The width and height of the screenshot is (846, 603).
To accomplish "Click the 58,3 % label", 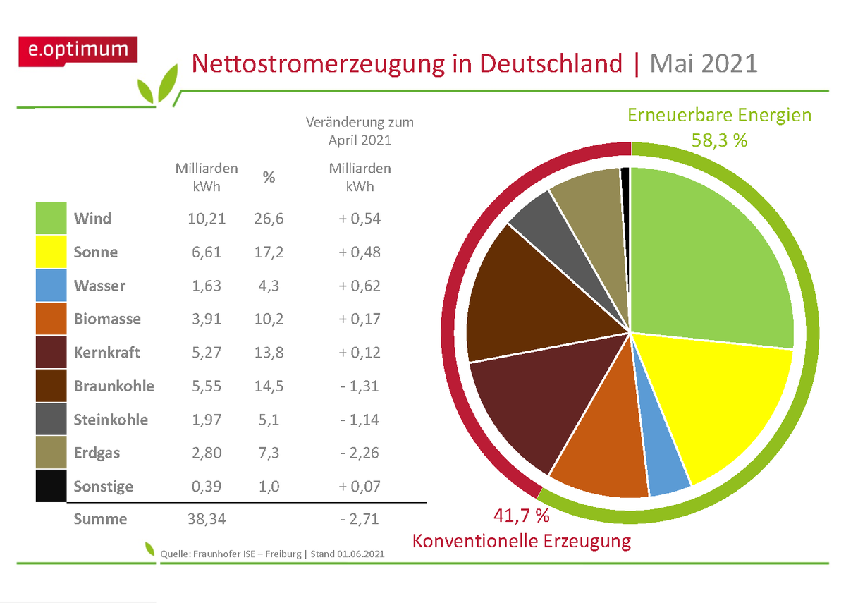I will point(719,140).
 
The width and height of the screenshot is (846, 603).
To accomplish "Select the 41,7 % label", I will point(521,516).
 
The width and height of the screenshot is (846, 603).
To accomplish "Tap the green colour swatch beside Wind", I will point(51,219).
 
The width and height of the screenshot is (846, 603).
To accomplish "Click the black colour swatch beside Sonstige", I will point(51,486).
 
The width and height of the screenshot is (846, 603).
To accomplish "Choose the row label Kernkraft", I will point(107,353).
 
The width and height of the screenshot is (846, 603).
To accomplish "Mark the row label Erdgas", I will point(97,453).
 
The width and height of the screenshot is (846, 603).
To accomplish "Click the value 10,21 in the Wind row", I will point(206,219).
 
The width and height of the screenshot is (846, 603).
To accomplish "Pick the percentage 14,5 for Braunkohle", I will point(269,386).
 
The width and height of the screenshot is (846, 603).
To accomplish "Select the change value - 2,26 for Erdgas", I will point(359,453).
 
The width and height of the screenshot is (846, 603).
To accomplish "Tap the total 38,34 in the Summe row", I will point(206,520).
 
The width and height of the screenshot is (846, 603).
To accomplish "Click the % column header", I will point(269,178).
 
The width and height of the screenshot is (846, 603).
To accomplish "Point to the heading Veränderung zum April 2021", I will point(360,131).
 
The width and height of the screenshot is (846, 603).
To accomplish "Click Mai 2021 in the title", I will point(703,64).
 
